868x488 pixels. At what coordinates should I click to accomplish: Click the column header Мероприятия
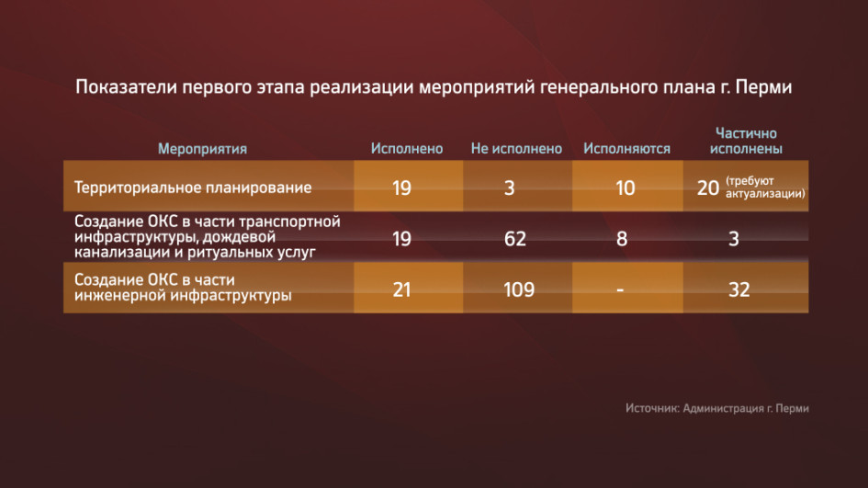pyautogui.click(x=203, y=149)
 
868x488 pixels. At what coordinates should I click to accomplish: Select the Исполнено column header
pyautogui.click(x=407, y=149)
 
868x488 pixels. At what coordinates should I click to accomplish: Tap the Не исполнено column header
pyautogui.click(x=516, y=149)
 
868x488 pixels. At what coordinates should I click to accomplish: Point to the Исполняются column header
pyautogui.click(x=626, y=149)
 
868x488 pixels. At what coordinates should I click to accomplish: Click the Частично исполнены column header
pyautogui.click(x=746, y=141)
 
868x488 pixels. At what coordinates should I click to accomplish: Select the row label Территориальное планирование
pyautogui.click(x=193, y=187)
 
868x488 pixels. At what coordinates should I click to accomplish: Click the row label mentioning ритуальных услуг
pyautogui.click(x=208, y=237)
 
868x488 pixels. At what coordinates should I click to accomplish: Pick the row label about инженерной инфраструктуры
pyautogui.click(x=183, y=288)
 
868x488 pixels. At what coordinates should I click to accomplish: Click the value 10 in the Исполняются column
pyautogui.click(x=626, y=188)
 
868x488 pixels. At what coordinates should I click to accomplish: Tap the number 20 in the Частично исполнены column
pyautogui.click(x=708, y=188)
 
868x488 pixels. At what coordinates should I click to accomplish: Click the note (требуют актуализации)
pyautogui.click(x=765, y=187)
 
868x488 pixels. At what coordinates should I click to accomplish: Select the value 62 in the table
pyautogui.click(x=514, y=239)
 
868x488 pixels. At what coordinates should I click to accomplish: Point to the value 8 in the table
pyautogui.click(x=622, y=239)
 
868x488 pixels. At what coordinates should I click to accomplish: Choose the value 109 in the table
pyautogui.click(x=519, y=289)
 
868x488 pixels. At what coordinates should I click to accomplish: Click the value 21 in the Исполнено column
pyautogui.click(x=402, y=289)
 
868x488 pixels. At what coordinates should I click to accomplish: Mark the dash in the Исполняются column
pyautogui.click(x=620, y=289)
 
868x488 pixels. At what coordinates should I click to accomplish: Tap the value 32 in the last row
pyautogui.click(x=739, y=289)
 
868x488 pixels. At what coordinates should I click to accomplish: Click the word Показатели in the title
pyautogui.click(x=126, y=87)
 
